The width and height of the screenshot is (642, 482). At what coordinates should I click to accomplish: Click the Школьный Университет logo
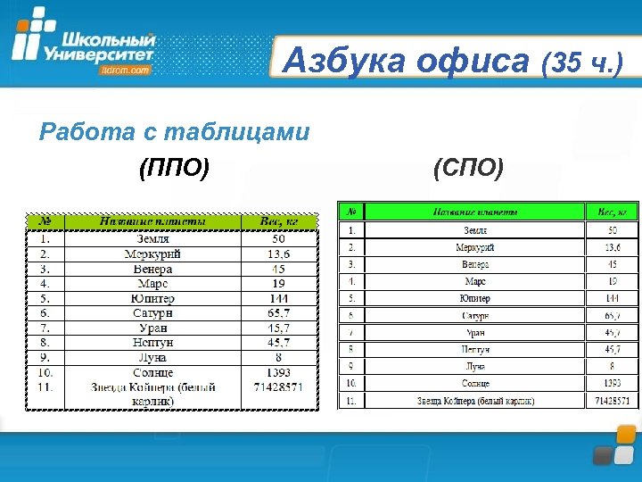tap(85, 45)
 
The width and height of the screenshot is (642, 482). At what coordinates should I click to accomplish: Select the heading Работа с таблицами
tap(175, 133)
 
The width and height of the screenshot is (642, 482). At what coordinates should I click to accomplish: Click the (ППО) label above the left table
tap(175, 167)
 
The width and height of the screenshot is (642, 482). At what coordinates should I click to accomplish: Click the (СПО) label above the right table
tap(468, 167)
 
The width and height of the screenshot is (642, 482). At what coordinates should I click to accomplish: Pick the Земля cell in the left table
tap(153, 239)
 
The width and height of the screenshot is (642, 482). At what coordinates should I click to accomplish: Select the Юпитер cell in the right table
tap(474, 298)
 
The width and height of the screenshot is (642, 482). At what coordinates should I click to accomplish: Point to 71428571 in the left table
tap(279, 387)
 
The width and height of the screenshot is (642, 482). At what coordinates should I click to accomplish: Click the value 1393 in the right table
tap(612, 383)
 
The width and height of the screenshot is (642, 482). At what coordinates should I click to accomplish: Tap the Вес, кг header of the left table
tap(279, 221)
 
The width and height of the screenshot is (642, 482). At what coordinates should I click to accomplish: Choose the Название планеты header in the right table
tap(474, 212)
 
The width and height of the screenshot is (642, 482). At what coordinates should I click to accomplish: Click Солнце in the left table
tap(153, 372)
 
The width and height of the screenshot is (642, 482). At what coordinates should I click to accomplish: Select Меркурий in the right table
tap(474, 247)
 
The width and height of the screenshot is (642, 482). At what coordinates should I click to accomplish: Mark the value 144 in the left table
tap(279, 298)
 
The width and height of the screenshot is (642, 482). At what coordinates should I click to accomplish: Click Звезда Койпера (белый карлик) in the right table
tap(474, 401)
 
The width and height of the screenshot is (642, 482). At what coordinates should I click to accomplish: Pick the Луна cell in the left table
tap(153, 357)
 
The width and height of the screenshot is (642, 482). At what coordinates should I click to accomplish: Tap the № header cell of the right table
tap(351, 212)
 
